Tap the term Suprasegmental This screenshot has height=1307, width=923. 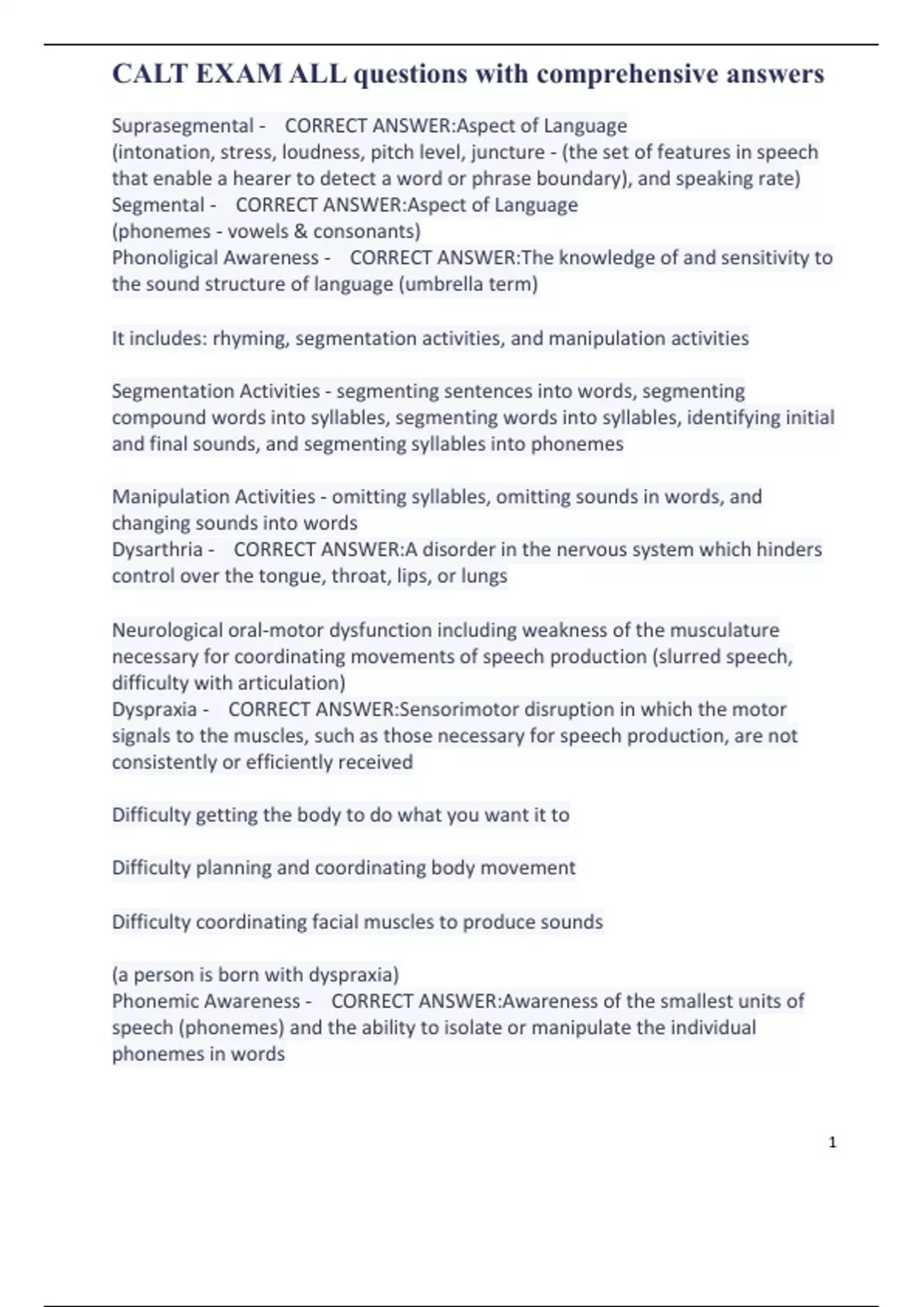[182, 125]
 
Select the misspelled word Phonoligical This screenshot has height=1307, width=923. [162, 258]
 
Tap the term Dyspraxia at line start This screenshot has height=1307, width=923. [154, 709]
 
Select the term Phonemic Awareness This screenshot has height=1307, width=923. [205, 1001]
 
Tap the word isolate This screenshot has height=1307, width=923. [474, 1028]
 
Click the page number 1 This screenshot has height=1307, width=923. [832, 1142]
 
